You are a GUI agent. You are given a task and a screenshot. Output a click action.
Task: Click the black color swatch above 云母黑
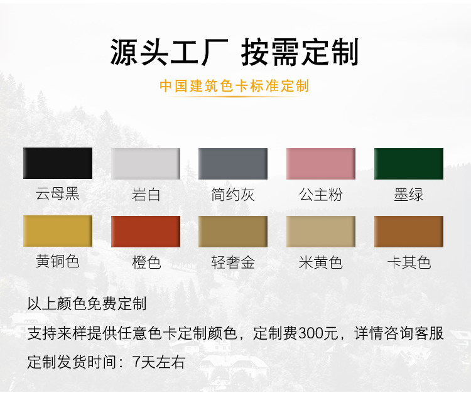pos(58,163)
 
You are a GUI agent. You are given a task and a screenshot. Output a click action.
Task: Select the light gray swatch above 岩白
pos(146,164)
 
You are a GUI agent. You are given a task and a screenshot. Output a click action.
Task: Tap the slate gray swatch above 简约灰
pos(233,164)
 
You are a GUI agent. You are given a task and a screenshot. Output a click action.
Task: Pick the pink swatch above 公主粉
pos(321,164)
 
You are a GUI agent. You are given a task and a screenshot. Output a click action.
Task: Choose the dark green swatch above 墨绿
pos(409,164)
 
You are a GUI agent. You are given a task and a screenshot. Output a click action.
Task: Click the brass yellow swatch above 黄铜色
pos(58,231)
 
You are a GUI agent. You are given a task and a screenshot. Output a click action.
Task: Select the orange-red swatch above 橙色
pos(146,232)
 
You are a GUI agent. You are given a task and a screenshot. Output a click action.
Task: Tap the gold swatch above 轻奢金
pos(233,232)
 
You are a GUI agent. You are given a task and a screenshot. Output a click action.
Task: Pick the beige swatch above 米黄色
pos(321,232)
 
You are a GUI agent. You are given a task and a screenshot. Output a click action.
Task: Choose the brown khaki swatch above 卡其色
pos(409,232)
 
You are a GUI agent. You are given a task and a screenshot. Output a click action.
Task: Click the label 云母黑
pos(58,193)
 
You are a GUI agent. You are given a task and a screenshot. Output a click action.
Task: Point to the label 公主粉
pos(321,195)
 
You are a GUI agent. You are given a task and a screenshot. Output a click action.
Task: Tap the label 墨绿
pos(409,195)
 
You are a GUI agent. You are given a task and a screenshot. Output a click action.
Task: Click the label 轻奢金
pos(233,262)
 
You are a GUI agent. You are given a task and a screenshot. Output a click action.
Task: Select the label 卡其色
pos(409,262)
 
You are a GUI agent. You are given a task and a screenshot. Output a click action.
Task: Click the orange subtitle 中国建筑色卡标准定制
pos(234,86)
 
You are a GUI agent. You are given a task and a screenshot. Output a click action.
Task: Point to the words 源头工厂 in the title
pos(170,52)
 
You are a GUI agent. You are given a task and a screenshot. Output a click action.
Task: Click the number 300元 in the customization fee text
pos(318,333)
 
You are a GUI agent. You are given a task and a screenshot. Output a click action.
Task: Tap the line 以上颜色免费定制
pos(87,303)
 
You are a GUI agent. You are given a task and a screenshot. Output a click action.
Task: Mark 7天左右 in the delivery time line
pos(159,362)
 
